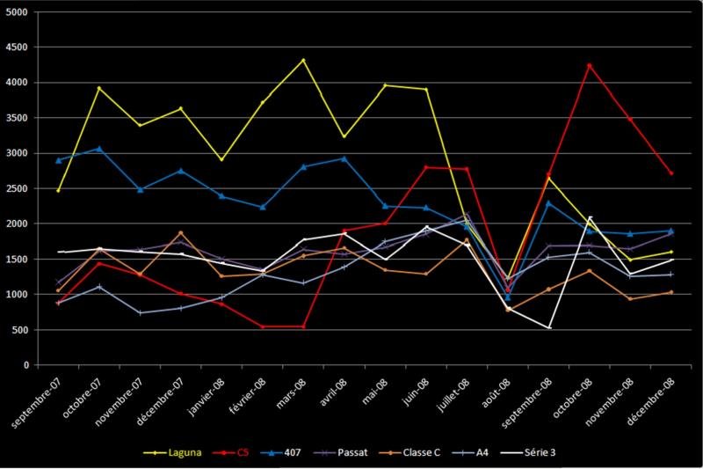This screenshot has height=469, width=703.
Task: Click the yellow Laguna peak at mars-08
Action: [303, 61]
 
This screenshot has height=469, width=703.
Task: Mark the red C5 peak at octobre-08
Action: [589, 65]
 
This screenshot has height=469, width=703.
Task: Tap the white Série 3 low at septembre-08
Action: [548, 328]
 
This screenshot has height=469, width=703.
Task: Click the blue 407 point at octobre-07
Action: [99, 149]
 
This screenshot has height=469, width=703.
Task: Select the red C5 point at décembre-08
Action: [670, 172]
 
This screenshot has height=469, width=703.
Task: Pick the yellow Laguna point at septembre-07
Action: [58, 190]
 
